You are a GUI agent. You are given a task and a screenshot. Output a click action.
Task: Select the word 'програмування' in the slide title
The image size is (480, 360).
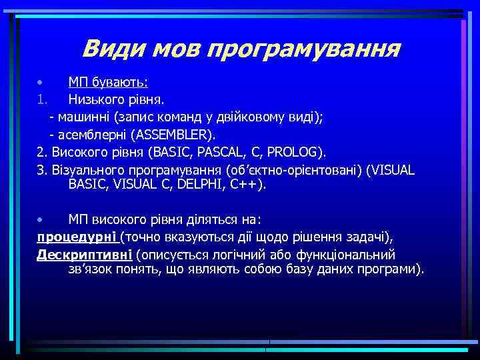(304, 49)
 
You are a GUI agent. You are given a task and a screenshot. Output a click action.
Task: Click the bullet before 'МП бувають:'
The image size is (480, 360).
(41, 83)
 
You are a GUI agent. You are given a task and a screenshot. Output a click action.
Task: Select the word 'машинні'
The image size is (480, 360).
(83, 117)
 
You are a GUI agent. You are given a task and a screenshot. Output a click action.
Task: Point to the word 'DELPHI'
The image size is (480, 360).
(189, 185)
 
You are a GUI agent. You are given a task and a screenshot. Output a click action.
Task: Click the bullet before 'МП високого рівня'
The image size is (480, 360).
(41, 219)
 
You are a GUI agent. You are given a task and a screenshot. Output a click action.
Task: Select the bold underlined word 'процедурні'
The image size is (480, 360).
(77, 237)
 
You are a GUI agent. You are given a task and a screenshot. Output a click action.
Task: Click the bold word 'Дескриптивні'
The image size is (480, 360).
(84, 254)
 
